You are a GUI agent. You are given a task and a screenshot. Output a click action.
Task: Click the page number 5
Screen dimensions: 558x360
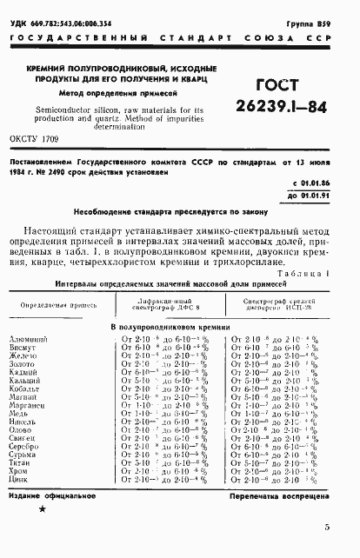325,527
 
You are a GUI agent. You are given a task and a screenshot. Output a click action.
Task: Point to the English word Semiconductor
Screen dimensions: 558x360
72,110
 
